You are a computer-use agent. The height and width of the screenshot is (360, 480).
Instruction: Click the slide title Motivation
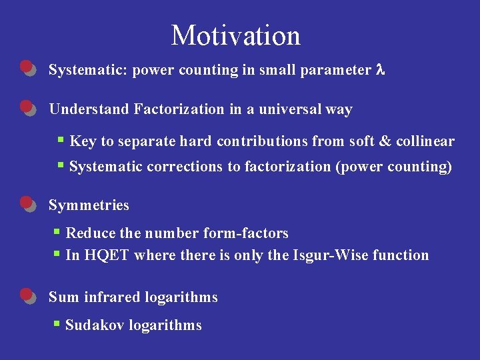tap(236, 35)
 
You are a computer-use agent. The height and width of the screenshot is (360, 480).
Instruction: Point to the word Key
tap(83, 141)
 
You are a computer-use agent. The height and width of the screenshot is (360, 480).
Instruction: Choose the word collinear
tap(425, 141)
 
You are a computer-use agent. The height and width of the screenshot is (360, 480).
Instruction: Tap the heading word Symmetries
tap(89, 205)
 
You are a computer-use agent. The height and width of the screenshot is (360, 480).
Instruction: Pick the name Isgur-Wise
tap(327, 255)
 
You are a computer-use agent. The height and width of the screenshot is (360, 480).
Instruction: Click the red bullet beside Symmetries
tap(27, 203)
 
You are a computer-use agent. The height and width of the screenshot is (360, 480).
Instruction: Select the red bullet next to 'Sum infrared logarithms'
tap(27, 295)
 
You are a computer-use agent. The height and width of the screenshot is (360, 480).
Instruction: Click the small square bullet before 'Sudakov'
tap(58, 324)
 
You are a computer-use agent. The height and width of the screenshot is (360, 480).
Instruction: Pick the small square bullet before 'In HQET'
tap(58, 254)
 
